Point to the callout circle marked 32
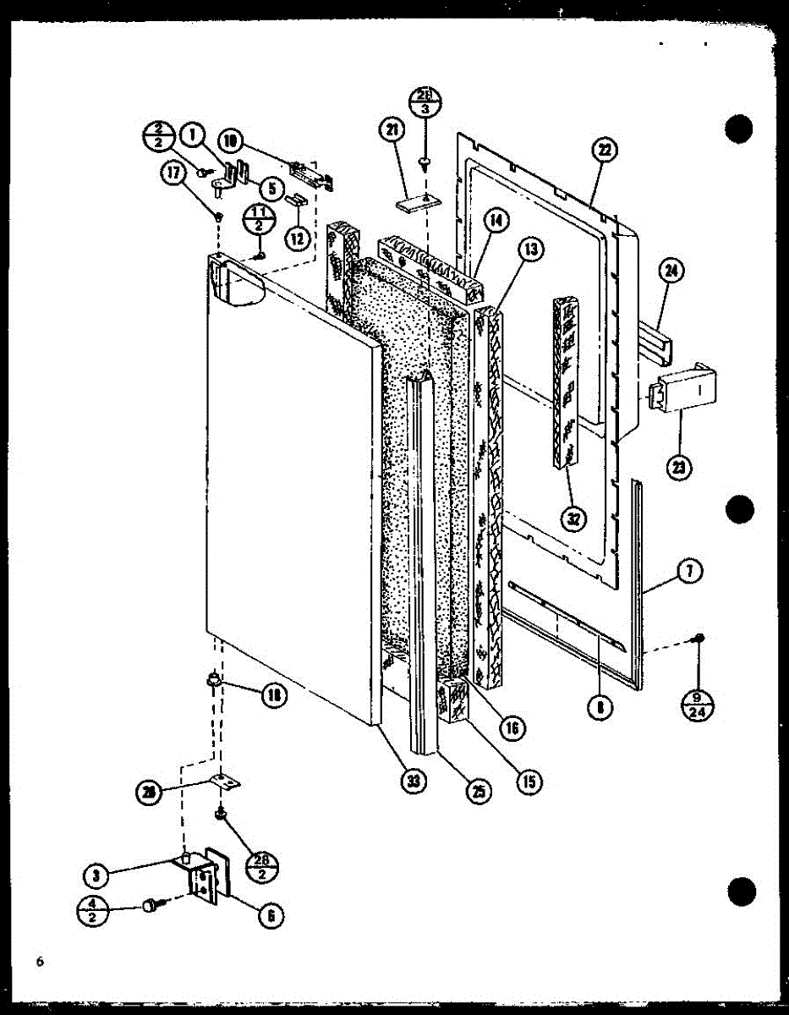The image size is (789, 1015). (x=574, y=519)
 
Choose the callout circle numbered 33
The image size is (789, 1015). (x=413, y=782)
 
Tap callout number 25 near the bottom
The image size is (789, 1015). (x=479, y=791)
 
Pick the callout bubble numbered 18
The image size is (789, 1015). (x=274, y=695)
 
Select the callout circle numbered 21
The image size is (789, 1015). (x=392, y=130)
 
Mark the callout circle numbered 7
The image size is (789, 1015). (x=690, y=572)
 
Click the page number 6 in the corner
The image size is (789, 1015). (x=39, y=962)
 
